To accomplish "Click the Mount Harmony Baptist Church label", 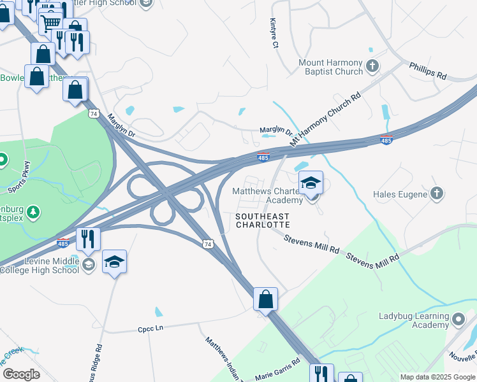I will pos(331,67).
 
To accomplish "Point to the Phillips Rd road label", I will pos(428,71).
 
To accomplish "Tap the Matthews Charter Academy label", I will pos(271,195).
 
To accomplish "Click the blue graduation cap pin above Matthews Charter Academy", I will pos(311,183).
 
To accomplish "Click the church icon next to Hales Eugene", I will pos(437,193).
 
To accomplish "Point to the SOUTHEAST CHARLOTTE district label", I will pos(263,220).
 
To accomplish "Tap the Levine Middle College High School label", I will pos(40,265).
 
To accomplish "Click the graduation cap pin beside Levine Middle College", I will pos(114,262).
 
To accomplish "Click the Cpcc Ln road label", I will pos(151,329).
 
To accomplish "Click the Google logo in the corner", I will pos(21,374).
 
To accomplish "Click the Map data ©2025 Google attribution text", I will pos(437,377).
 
